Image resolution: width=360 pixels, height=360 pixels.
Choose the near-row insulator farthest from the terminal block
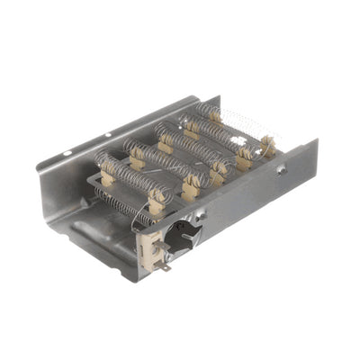tap(268, 143)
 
